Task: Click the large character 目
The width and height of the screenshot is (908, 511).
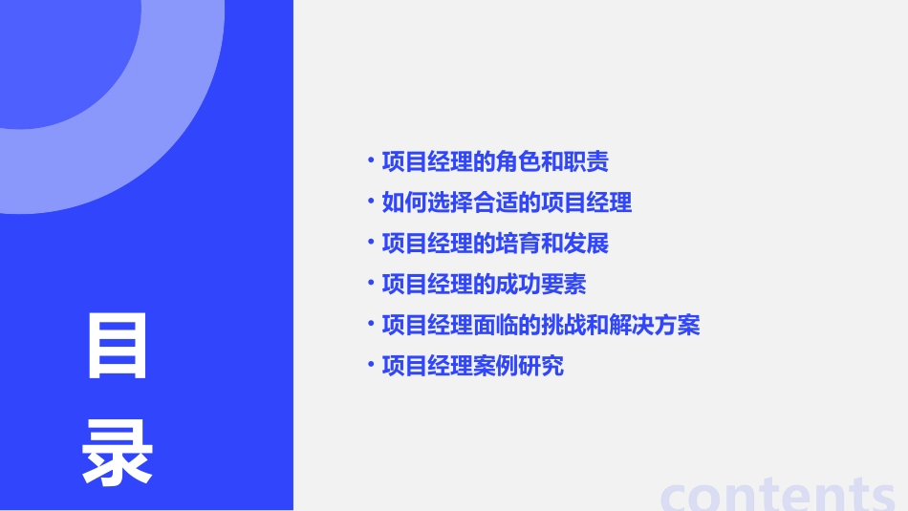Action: (x=118, y=346)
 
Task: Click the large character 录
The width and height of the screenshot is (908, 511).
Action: (x=118, y=454)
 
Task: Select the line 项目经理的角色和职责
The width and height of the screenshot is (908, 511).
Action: (x=495, y=161)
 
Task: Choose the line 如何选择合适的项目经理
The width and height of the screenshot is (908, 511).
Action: (x=507, y=202)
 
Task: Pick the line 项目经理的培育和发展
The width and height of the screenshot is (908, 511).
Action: (x=495, y=244)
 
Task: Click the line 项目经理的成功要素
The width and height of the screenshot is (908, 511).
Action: (x=484, y=284)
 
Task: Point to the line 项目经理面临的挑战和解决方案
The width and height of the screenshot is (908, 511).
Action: (x=541, y=325)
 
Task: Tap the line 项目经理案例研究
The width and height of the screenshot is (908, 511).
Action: (x=472, y=366)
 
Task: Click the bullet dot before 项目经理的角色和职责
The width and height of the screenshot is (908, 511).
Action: (x=371, y=159)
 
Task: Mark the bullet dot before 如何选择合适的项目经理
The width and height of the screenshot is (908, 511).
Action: (x=371, y=200)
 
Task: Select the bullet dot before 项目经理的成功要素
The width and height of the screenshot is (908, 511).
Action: (x=371, y=281)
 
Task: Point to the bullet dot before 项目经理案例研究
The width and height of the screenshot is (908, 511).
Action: (x=371, y=363)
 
